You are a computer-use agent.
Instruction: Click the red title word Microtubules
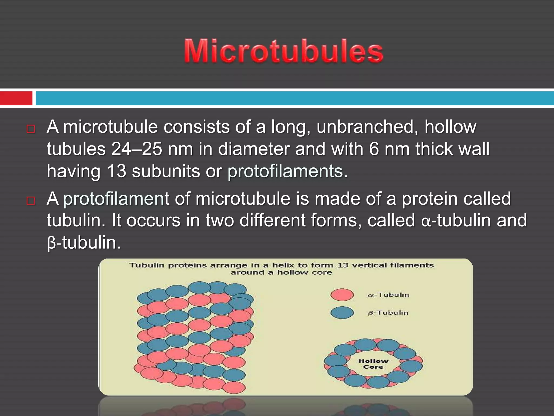click(x=283, y=51)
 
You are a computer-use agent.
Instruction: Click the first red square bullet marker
click(x=31, y=129)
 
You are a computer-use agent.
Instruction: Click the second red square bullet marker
click(x=31, y=201)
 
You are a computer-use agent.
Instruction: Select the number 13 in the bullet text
click(x=117, y=171)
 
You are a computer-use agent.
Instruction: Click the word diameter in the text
click(x=253, y=149)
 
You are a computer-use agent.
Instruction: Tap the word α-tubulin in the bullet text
click(x=456, y=220)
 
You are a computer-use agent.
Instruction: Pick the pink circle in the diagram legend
click(x=342, y=295)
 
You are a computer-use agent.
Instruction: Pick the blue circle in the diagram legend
click(x=342, y=313)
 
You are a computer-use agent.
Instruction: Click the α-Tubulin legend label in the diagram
click(x=388, y=295)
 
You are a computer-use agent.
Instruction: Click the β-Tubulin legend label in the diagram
click(x=388, y=313)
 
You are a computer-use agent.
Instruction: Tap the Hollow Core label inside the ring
click(x=373, y=364)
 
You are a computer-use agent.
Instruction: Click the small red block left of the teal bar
click(x=16, y=98)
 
